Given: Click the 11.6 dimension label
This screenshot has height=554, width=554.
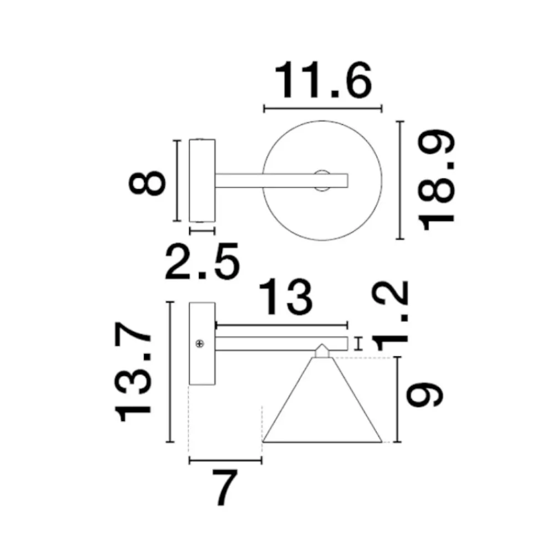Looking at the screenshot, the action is pos(323,80).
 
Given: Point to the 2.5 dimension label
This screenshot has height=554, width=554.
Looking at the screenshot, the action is pos(202,261).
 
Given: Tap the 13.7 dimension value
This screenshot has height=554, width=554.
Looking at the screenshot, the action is pos(133,372).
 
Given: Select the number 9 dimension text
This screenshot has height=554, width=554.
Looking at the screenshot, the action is pos(424,394).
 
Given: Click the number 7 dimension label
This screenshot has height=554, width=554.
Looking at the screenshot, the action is pos(224,488).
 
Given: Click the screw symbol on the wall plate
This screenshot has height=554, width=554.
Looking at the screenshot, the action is pos(200,343).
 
